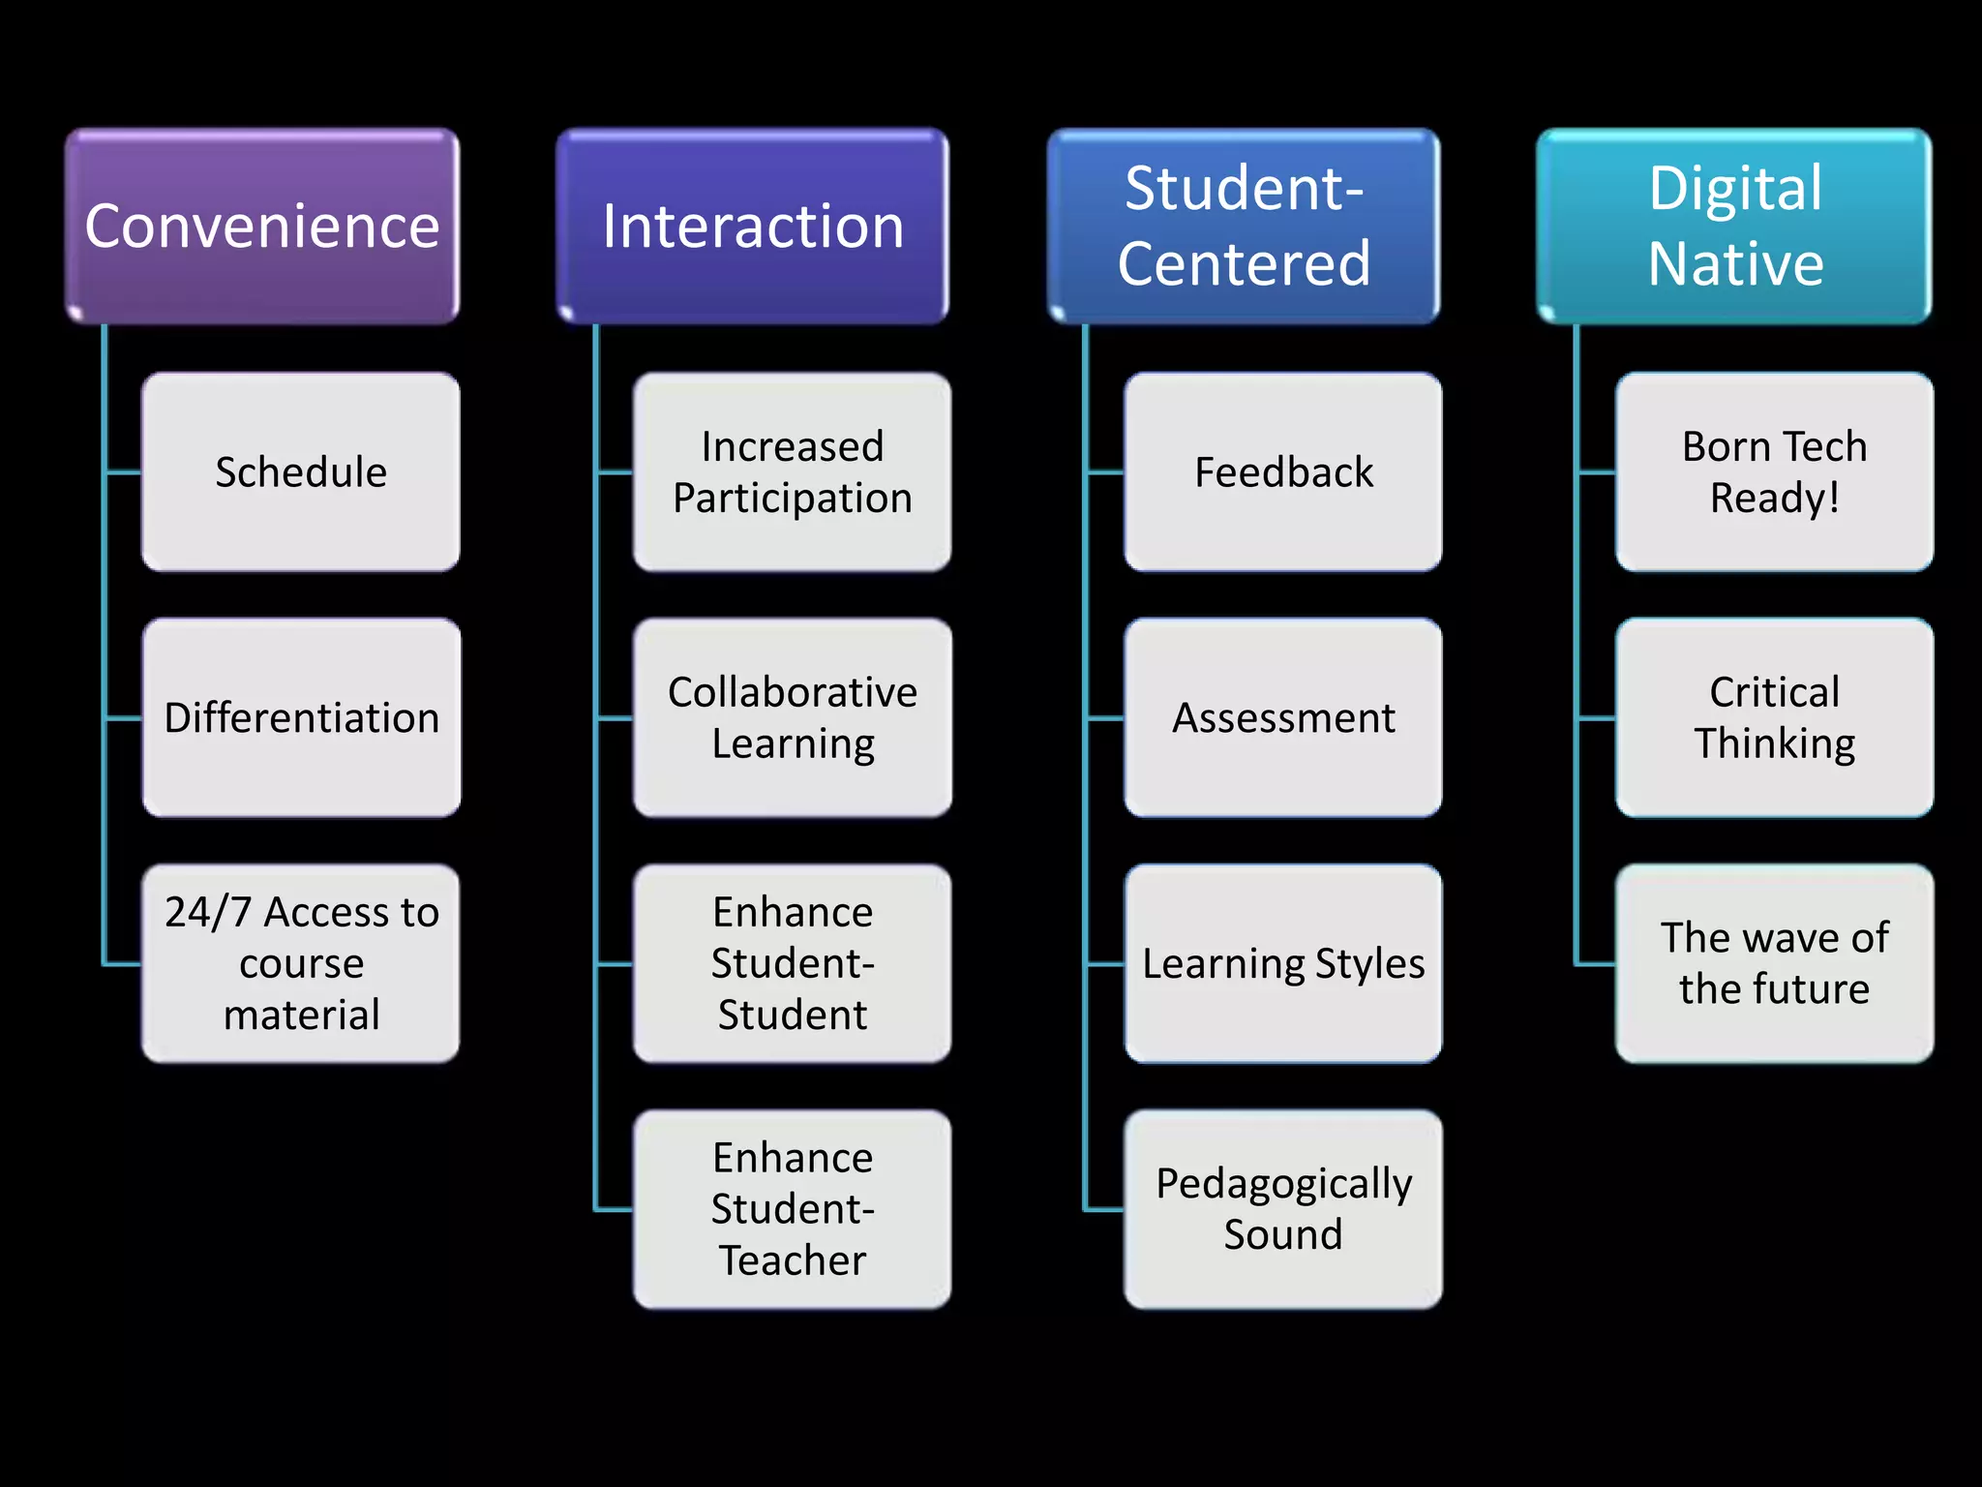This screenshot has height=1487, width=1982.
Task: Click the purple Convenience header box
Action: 262,226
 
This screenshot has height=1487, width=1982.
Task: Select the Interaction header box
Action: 753,226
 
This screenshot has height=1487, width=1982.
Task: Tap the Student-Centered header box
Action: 1244,226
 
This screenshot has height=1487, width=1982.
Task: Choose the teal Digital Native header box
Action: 1735,226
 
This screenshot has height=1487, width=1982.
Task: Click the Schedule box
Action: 301,472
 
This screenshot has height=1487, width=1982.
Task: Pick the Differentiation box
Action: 301,718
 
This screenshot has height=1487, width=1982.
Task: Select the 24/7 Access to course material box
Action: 301,963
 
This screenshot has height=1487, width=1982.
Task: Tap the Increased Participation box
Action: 793,472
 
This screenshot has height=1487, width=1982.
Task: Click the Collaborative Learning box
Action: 793,718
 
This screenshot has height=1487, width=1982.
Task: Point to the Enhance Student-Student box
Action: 793,963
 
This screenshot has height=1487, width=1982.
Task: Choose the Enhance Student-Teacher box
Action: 793,1209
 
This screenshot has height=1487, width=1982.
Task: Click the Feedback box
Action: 1283,472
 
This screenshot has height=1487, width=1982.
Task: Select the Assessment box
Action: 1283,718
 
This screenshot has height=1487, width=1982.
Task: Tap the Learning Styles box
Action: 1283,963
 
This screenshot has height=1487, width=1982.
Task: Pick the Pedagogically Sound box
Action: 1283,1209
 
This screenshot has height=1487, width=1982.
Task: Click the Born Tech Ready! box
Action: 1775,472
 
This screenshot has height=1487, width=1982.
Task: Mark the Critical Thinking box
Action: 1775,718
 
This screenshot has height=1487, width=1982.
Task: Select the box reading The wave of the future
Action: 1775,963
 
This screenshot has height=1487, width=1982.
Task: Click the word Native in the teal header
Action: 1736,263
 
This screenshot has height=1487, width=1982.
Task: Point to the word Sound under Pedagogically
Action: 1283,1235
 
